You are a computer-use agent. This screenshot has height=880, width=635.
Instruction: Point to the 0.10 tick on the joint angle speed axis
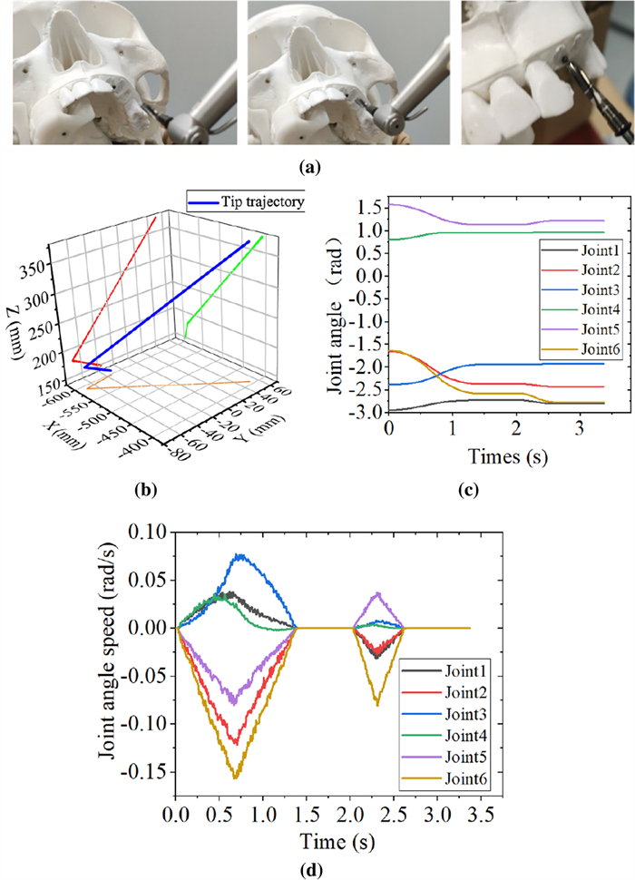click(149, 532)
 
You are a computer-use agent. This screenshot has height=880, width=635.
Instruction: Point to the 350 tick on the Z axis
click(36, 240)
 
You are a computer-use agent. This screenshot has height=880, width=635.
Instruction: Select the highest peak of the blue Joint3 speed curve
click(239, 554)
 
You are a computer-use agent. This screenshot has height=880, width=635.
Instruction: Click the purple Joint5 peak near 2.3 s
click(377, 593)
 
